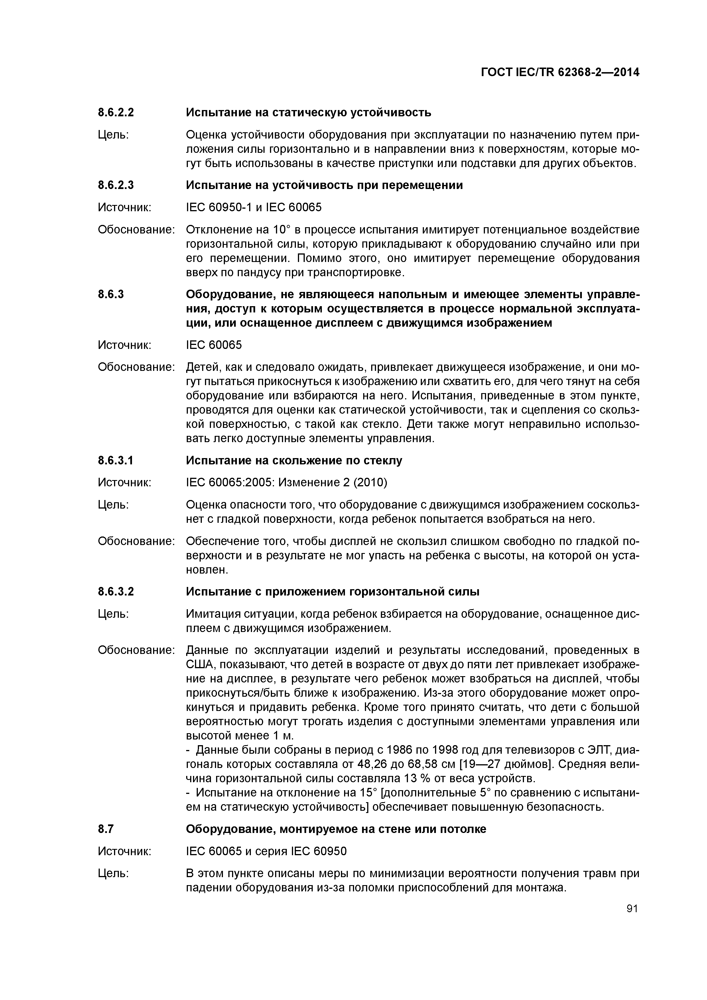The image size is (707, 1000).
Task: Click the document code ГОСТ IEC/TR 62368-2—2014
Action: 560,72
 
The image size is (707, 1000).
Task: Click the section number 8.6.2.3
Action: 116,186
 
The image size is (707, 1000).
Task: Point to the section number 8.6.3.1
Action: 116,460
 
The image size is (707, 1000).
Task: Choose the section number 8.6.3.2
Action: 116,592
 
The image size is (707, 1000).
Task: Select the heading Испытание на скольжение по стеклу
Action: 294,460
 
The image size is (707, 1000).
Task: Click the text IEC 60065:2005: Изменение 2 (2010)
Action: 287,483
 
